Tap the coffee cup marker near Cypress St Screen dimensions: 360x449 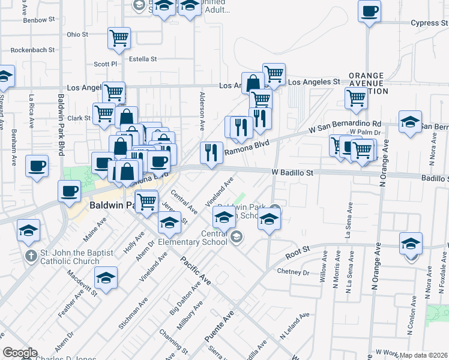[x=369, y=11]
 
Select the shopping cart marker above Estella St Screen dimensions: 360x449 [x=119, y=38]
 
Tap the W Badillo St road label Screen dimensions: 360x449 [x=293, y=172]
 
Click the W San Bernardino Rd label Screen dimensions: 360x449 [x=345, y=126]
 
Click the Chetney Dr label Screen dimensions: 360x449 [x=293, y=272]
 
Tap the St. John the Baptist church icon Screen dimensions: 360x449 [x=31, y=256]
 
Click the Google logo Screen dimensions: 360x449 [x=20, y=353]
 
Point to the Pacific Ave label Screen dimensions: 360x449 [x=196, y=271]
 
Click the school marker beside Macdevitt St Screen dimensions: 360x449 [x=106, y=278]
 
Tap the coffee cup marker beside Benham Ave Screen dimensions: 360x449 [x=37, y=166]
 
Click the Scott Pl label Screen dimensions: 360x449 [x=105, y=64]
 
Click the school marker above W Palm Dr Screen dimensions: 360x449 [x=411, y=122]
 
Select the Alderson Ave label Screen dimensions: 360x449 [x=202, y=109]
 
